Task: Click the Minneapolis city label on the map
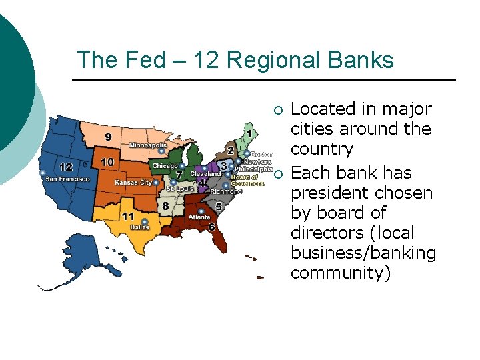(148, 145)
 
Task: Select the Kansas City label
(133, 183)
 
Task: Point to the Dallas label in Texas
(139, 227)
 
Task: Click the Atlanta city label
(199, 217)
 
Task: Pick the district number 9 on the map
(108, 137)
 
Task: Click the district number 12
(66, 167)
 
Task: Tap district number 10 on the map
(107, 162)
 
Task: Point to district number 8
(165, 206)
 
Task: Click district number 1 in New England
(249, 134)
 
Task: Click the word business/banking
(363, 253)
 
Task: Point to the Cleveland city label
(205, 174)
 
